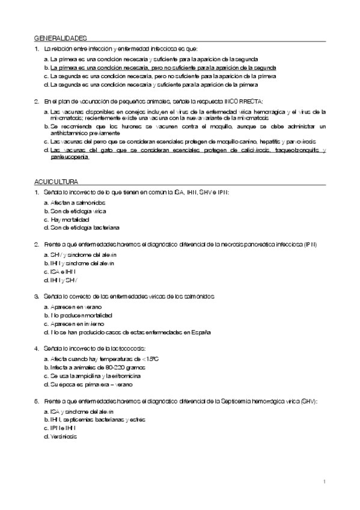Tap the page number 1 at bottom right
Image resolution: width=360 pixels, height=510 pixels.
click(324, 481)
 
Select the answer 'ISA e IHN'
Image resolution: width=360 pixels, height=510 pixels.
click(66, 272)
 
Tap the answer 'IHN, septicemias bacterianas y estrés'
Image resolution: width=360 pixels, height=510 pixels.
click(98, 419)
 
